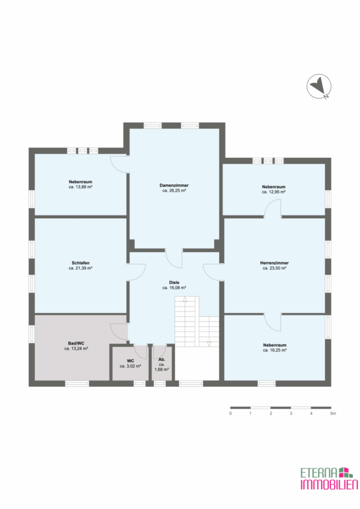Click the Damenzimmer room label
click(x=174, y=186)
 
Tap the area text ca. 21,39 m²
click(x=80, y=268)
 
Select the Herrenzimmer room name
click(x=274, y=263)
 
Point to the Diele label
click(x=174, y=282)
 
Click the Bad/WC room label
click(x=76, y=343)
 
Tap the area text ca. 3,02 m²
click(x=130, y=366)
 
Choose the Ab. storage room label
click(x=162, y=359)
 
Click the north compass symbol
click(x=319, y=87)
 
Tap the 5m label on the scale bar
click(x=333, y=413)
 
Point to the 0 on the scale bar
click(x=230, y=413)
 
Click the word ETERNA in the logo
click(x=319, y=473)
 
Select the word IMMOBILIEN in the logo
click(x=329, y=484)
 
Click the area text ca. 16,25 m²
click(x=275, y=350)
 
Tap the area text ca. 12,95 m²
click(x=273, y=192)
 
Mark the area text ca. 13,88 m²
click(x=80, y=187)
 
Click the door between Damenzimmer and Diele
click(x=174, y=258)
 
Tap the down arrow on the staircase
click(x=209, y=343)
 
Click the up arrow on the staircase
click(x=185, y=299)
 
